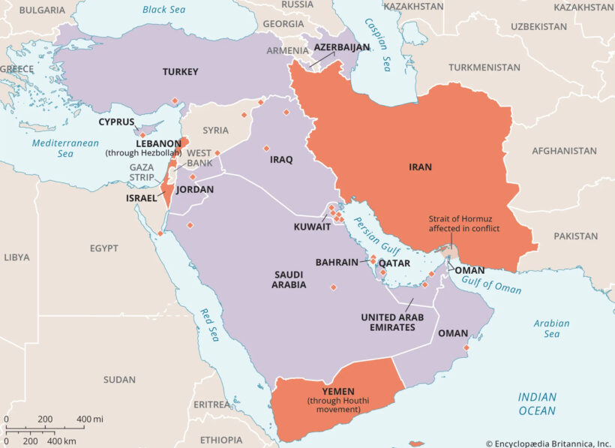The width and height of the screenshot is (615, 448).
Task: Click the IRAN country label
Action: pyautogui.click(x=420, y=167)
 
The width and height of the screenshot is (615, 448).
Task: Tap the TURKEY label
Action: pyautogui.click(x=180, y=72)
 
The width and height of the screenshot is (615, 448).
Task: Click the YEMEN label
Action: pyautogui.click(x=338, y=391)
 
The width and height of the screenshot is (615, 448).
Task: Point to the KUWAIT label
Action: pyautogui.click(x=313, y=226)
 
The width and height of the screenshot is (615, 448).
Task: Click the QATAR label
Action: pyautogui.click(x=394, y=263)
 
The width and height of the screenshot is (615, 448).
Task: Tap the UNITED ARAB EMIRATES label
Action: pyautogui.click(x=392, y=323)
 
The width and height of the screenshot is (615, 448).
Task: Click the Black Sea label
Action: pyautogui.click(x=165, y=10)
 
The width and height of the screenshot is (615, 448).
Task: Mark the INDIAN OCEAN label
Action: pyautogui.click(x=537, y=404)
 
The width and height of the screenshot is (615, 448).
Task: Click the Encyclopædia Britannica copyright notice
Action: pyautogui.click(x=547, y=443)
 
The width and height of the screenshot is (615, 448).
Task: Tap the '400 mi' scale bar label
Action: pyautogui.click(x=89, y=419)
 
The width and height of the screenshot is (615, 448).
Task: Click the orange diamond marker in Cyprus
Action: pyautogui.click(x=143, y=135)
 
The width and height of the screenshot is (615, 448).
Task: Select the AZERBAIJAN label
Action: pyautogui.click(x=341, y=47)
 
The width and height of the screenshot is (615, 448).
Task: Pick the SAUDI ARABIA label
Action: pyautogui.click(x=289, y=280)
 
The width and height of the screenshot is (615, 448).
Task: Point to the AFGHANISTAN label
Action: pyautogui.click(x=564, y=151)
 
